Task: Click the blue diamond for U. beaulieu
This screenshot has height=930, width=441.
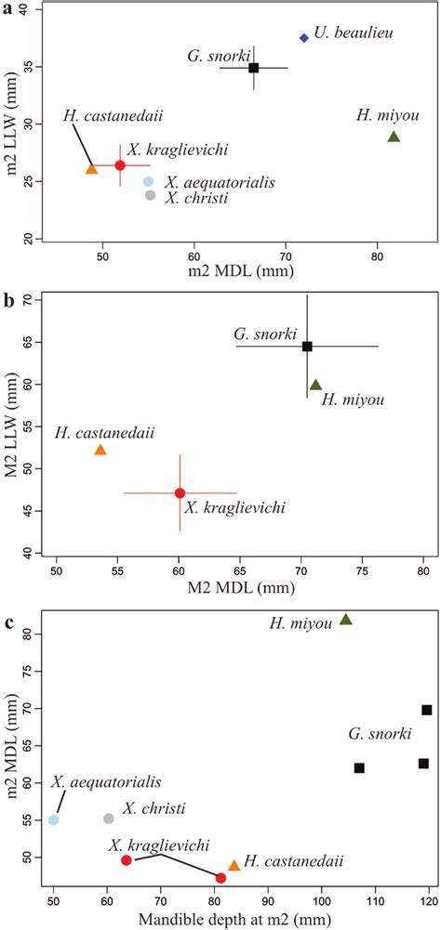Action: [304, 38]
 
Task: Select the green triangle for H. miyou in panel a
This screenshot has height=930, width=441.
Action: [394, 137]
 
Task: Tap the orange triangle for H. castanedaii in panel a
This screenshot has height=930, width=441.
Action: [91, 169]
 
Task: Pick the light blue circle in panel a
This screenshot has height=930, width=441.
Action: [149, 181]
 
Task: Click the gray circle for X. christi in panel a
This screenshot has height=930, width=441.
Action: [150, 195]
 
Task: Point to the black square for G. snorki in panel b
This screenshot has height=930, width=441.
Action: [307, 347]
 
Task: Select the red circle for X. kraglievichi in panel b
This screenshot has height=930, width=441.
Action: [180, 492]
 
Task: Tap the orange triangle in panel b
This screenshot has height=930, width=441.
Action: [100, 450]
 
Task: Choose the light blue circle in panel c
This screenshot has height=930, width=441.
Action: [54, 819]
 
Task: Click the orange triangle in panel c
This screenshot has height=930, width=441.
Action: [234, 865]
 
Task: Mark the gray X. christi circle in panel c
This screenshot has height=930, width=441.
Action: [108, 819]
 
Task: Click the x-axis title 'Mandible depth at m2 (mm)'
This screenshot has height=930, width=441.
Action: [239, 920]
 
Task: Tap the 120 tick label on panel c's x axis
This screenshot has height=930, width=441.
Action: [428, 900]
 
